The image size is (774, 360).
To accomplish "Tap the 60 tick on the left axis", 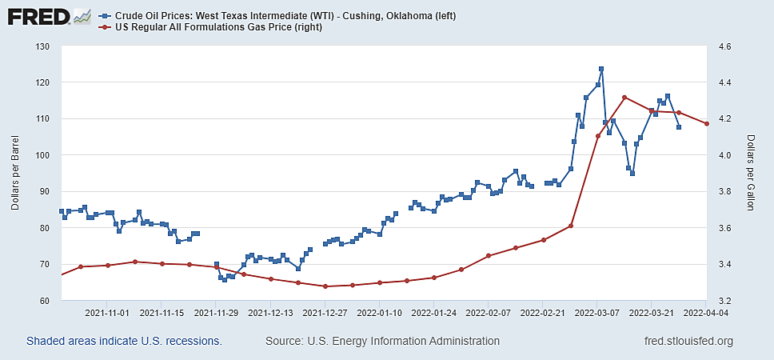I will (x=44, y=301).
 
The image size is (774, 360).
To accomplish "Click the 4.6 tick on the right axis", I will (x=726, y=46).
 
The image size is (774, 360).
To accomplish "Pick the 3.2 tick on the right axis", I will (x=726, y=301).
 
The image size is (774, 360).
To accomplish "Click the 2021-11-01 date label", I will (x=107, y=313).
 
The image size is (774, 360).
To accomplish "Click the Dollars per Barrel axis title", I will (x=15, y=174).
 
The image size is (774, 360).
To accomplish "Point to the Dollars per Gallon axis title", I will (x=751, y=174).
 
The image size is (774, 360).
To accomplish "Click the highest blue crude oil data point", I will (x=601, y=69).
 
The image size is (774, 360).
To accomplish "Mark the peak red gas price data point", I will (x=624, y=98).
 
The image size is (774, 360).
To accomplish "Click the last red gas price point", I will (x=707, y=124).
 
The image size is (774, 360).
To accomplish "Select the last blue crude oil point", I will (x=679, y=127).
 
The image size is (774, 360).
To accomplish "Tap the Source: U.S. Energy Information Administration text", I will (x=382, y=342).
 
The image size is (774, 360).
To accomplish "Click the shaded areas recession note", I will (x=124, y=342).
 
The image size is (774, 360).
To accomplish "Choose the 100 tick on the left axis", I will (x=42, y=155).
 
